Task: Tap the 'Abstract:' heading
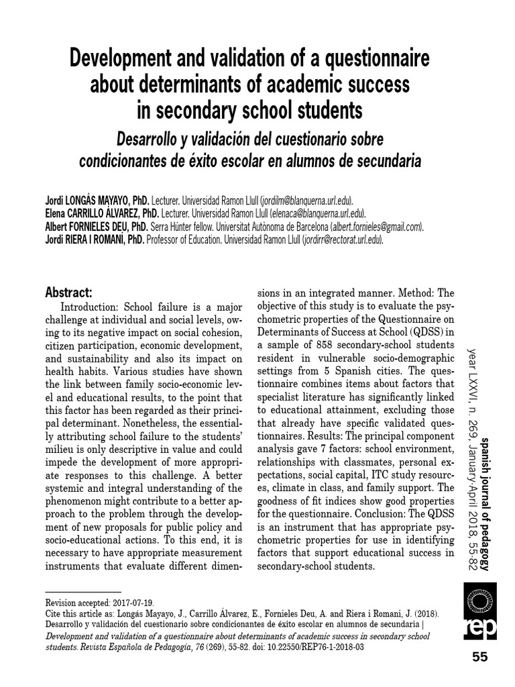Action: pos(68,293)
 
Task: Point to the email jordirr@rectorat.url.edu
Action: pos(343,239)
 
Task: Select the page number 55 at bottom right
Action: pos(480,657)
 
